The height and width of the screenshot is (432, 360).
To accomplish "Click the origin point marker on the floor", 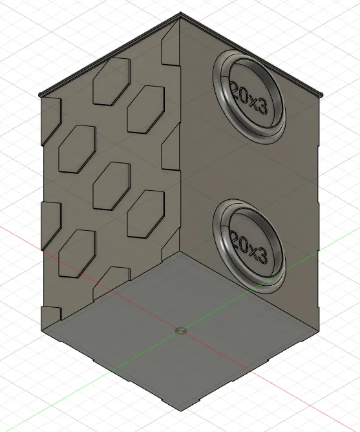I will (x=180, y=331).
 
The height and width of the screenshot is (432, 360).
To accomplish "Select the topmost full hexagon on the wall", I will (x=112, y=80).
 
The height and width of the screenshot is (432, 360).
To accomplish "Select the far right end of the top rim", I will (x=321, y=95).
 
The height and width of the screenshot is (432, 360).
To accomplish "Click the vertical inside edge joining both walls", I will (x=180, y=162).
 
